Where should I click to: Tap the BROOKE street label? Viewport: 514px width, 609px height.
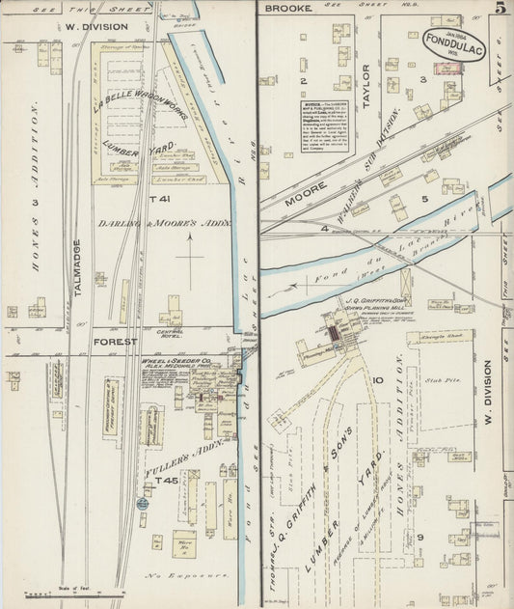[288, 9]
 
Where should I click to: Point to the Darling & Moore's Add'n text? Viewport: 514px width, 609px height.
[166, 223]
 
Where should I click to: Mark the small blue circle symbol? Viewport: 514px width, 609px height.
[143, 503]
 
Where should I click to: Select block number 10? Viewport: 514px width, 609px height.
[379, 380]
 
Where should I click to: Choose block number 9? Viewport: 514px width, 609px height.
[420, 537]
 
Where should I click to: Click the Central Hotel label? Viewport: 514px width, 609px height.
[171, 329]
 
